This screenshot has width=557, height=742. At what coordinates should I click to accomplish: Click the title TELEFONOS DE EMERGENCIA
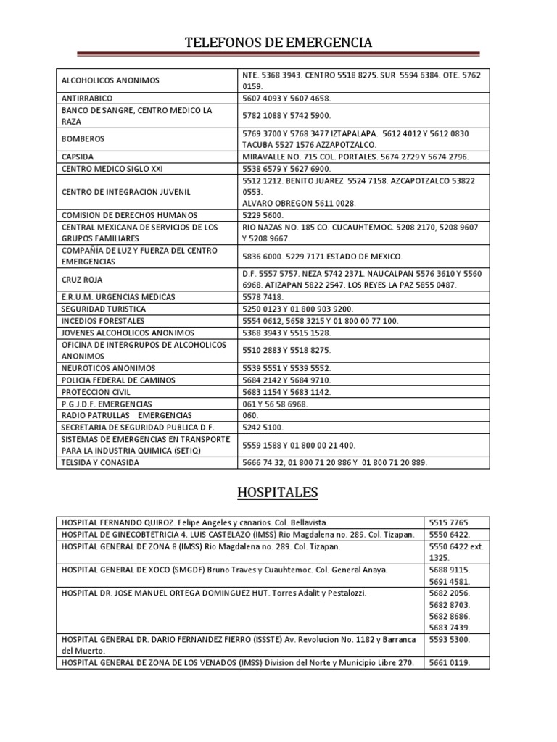pyautogui.click(x=278, y=43)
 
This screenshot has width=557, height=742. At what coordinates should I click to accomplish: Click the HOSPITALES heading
pyautogui.click(x=278, y=493)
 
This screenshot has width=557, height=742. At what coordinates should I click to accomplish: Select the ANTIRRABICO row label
pyautogui.click(x=87, y=97)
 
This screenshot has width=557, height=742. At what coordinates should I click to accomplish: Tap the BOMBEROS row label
pyautogui.click(x=83, y=138)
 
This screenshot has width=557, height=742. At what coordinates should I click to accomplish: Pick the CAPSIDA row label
pyautogui.click(x=78, y=157)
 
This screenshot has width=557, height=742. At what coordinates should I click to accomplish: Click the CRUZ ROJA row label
pyautogui.click(x=83, y=279)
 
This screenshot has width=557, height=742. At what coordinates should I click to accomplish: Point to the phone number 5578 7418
pyautogui.click(x=263, y=297)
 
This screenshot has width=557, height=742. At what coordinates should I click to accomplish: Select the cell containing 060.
pyautogui.click(x=249, y=415)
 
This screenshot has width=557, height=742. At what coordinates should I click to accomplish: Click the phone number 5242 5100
pyautogui.click(x=263, y=427)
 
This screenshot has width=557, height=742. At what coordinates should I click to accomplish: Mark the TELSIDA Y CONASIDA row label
pyautogui.click(x=100, y=462)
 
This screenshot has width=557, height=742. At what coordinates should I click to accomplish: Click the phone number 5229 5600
pyautogui.click(x=263, y=215)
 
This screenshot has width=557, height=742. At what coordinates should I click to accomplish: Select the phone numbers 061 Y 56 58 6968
pyautogui.click(x=278, y=403)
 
